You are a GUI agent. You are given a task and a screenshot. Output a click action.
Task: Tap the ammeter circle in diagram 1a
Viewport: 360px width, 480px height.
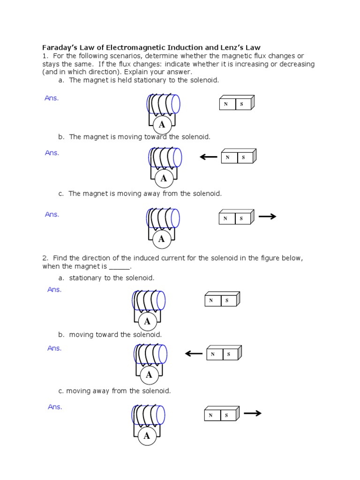click(162, 124)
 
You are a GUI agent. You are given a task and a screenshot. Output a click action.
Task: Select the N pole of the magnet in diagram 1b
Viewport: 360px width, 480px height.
click(229, 158)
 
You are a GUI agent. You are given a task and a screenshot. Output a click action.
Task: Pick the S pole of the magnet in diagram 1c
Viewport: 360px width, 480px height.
click(241, 218)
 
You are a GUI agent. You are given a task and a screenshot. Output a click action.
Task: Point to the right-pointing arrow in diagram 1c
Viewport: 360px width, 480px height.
click(267, 217)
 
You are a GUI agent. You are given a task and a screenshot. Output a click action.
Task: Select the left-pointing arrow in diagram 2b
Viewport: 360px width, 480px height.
click(194, 353)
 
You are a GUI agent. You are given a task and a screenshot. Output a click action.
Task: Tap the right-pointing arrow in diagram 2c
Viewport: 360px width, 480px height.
click(252, 413)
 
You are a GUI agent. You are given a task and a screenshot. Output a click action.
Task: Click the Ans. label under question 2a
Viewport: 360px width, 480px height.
click(54, 290)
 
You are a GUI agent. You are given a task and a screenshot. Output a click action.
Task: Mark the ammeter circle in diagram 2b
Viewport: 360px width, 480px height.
click(149, 375)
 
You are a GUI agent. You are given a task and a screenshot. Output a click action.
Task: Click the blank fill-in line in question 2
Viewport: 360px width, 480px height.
click(119, 267)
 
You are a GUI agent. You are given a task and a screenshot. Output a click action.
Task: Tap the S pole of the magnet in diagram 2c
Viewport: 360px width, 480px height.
click(226, 415)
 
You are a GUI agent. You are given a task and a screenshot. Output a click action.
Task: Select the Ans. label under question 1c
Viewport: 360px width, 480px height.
click(52, 214)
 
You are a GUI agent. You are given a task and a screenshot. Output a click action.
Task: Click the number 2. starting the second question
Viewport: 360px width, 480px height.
click(45, 258)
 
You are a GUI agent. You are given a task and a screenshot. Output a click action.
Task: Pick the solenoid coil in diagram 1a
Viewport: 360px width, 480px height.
click(163, 104)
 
